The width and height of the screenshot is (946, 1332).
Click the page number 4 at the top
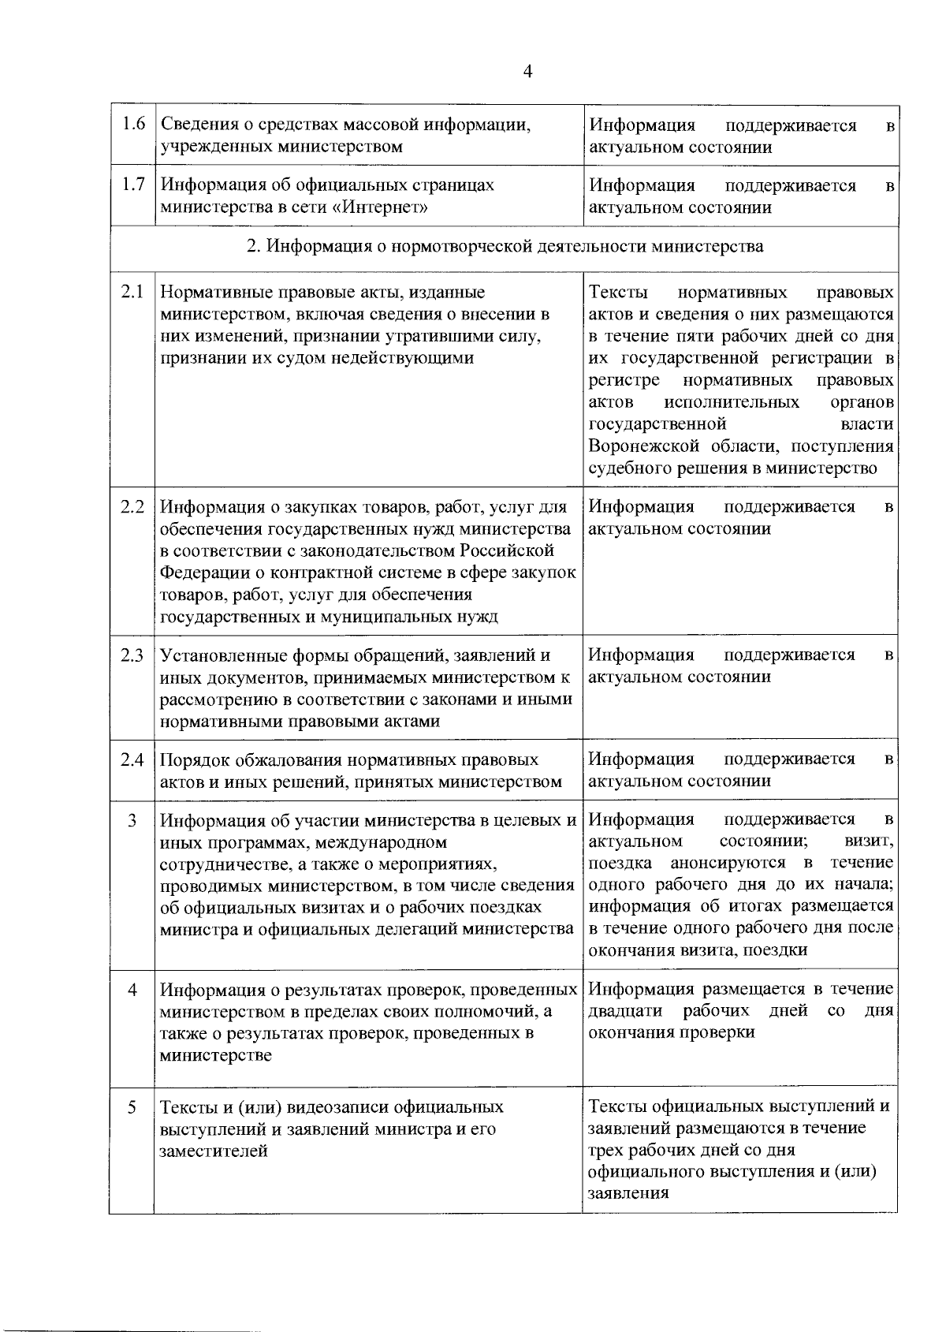point(527,72)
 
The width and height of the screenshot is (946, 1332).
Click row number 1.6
point(132,124)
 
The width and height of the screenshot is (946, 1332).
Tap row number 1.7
point(132,185)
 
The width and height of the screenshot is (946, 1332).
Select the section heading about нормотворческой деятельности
point(505,246)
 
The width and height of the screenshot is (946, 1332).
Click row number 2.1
point(132,292)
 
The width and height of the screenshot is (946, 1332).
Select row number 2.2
point(132,506)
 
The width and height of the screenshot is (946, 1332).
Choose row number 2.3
point(132,655)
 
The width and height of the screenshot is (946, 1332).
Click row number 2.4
point(132,759)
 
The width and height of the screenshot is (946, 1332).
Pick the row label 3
point(132,820)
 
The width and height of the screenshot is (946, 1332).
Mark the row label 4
point(132,989)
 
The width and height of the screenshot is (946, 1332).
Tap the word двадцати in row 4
point(625,1010)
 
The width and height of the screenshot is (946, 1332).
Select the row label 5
point(132,1106)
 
